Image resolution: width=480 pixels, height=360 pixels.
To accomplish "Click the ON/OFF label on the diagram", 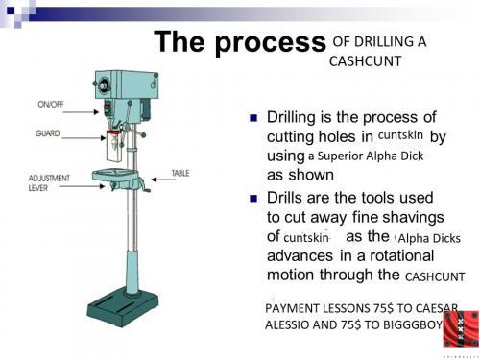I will point(52,103).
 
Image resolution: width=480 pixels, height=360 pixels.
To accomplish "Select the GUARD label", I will point(49,134).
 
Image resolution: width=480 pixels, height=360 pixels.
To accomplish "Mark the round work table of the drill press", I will point(127,175).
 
